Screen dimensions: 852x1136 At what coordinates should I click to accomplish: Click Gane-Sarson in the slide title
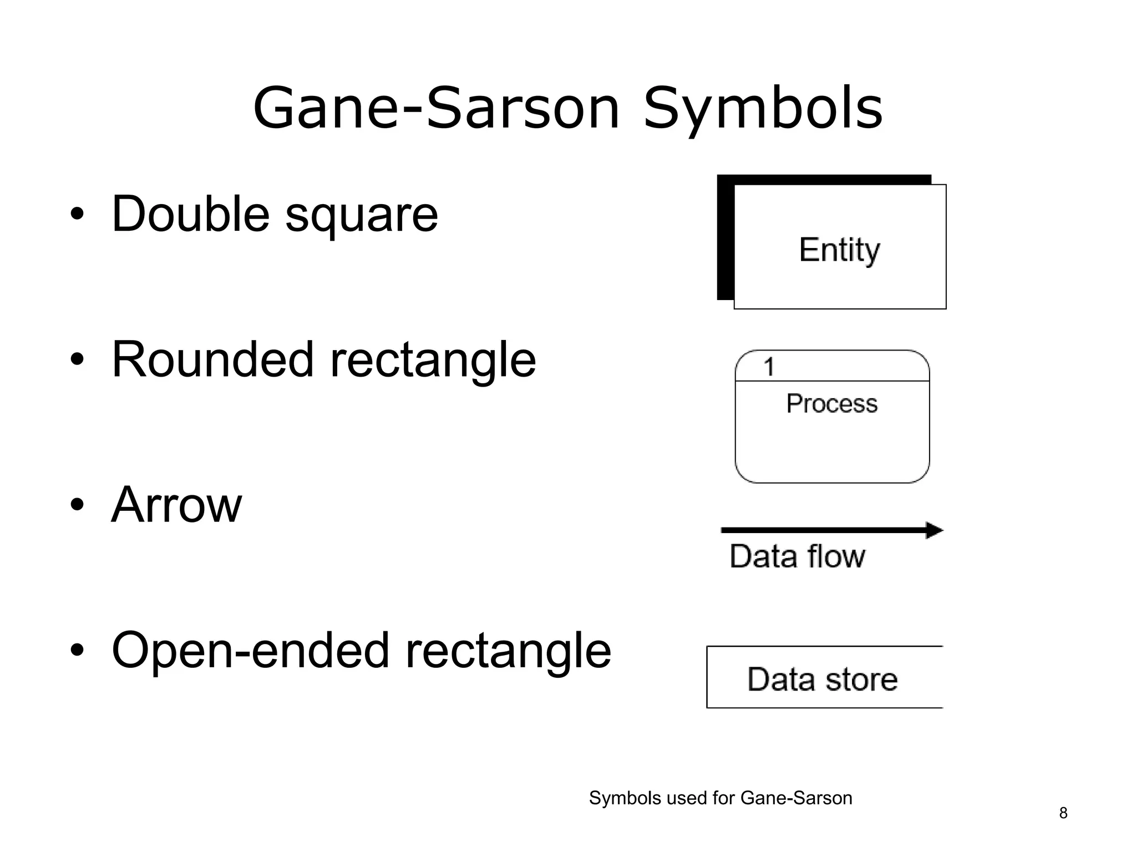(435, 109)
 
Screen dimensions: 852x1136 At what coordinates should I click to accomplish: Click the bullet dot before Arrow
(77, 505)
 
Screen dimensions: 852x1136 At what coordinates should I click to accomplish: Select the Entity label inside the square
(839, 250)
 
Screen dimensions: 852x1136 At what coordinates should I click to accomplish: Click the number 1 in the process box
(769, 367)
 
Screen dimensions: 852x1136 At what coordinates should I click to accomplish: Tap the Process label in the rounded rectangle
(831, 403)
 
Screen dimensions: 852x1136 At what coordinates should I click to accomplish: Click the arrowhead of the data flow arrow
(934, 530)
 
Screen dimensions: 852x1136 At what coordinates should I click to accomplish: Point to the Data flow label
(797, 556)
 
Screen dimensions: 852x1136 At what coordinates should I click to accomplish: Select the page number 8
(1063, 813)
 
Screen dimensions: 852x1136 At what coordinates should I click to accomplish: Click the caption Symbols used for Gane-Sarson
(720, 798)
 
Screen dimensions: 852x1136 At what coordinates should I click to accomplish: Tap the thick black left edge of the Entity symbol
(725, 239)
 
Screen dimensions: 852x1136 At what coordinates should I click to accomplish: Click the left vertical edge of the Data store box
(707, 677)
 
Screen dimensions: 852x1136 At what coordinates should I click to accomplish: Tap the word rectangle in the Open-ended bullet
(508, 650)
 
